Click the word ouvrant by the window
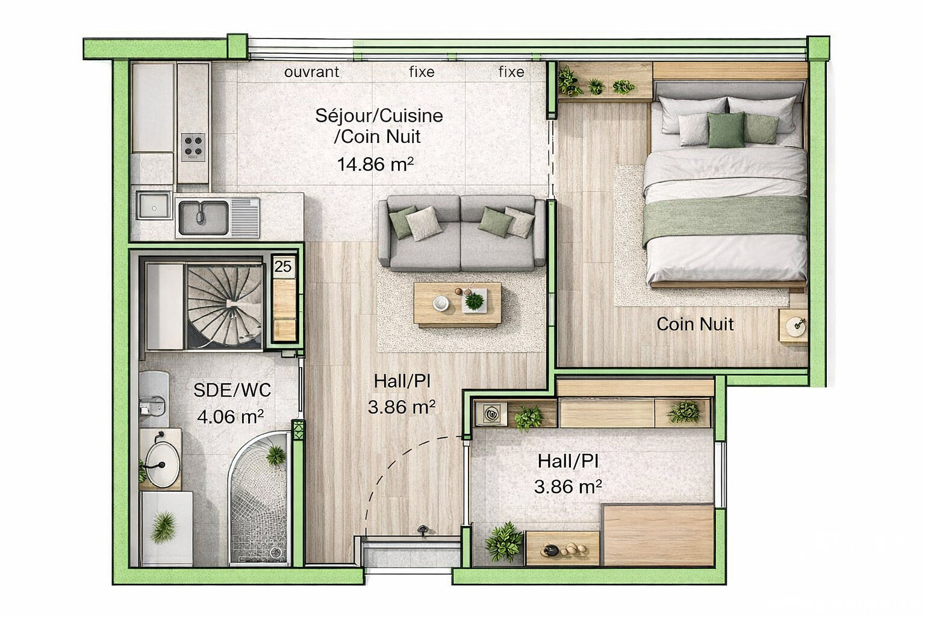[311, 72]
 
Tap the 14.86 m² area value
[375, 164]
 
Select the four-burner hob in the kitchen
[193, 146]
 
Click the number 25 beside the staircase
[282, 266]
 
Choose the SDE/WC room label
[232, 390]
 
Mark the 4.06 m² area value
[230, 416]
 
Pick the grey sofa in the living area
[462, 233]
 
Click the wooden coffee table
[457, 304]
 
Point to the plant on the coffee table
[475, 300]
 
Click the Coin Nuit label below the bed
[695, 324]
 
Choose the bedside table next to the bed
[794, 326]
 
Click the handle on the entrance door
[423, 530]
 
